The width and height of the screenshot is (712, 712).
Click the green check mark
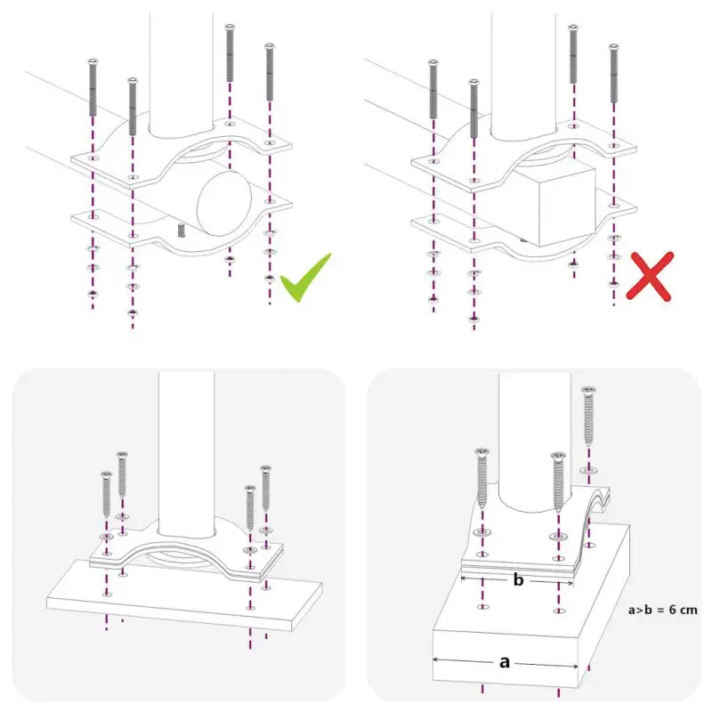pyautogui.click(x=305, y=278)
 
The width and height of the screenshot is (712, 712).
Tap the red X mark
pyautogui.click(x=650, y=275)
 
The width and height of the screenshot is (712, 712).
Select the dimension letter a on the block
pyautogui.click(x=506, y=661)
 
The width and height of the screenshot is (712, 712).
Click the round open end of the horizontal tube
pyautogui.click(x=226, y=202)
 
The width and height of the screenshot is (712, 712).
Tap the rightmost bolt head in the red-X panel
pyautogui.click(x=612, y=46)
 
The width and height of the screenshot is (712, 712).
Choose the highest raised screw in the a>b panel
pyautogui.click(x=588, y=392)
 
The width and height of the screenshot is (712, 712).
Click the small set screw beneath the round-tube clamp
pyautogui.click(x=181, y=230)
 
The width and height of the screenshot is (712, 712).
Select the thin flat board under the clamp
pyautogui.click(x=178, y=601)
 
